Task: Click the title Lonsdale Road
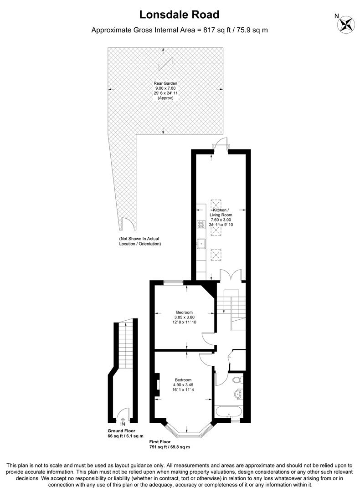pyautogui.click(x=179, y=15)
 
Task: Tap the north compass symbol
pyautogui.click(x=346, y=24)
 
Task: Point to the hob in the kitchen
pyautogui.click(x=201, y=225)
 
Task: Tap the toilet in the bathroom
pyautogui.click(x=237, y=379)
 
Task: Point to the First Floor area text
pyautogui.click(x=169, y=444)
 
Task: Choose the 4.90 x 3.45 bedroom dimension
pyautogui.click(x=184, y=384)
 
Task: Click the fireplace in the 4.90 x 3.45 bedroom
pyautogui.click(x=157, y=384)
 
